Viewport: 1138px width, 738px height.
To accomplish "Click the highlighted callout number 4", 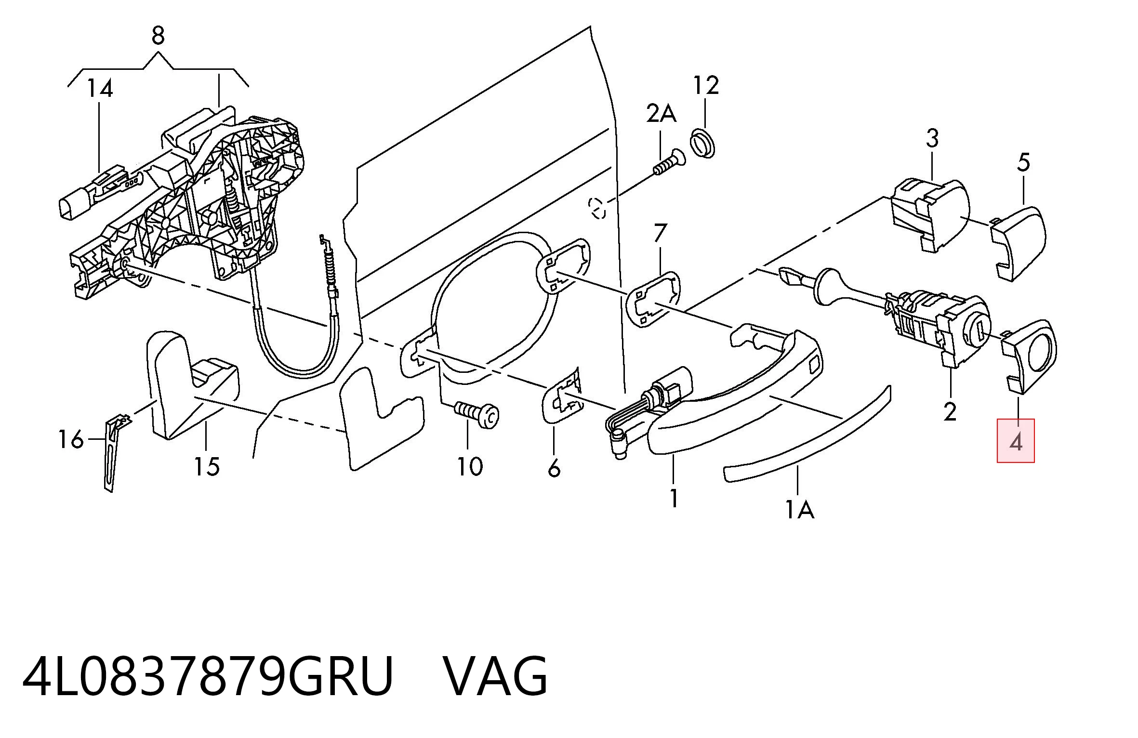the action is (x=1016, y=442).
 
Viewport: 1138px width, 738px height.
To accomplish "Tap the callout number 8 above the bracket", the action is (x=158, y=36).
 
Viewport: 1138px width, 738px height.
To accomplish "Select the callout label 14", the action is (x=100, y=89).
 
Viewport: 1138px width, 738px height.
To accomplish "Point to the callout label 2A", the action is (x=661, y=114).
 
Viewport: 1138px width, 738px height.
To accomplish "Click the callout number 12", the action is (x=706, y=86).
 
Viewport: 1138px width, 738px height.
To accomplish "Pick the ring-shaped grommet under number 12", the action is (x=702, y=144).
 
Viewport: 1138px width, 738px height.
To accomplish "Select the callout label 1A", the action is (x=800, y=510).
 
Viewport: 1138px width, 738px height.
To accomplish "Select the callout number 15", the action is (x=207, y=467).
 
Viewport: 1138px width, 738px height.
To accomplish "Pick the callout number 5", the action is (x=1023, y=163).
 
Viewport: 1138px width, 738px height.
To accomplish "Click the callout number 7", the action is (x=661, y=233).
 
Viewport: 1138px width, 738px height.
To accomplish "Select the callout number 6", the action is (x=554, y=468).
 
